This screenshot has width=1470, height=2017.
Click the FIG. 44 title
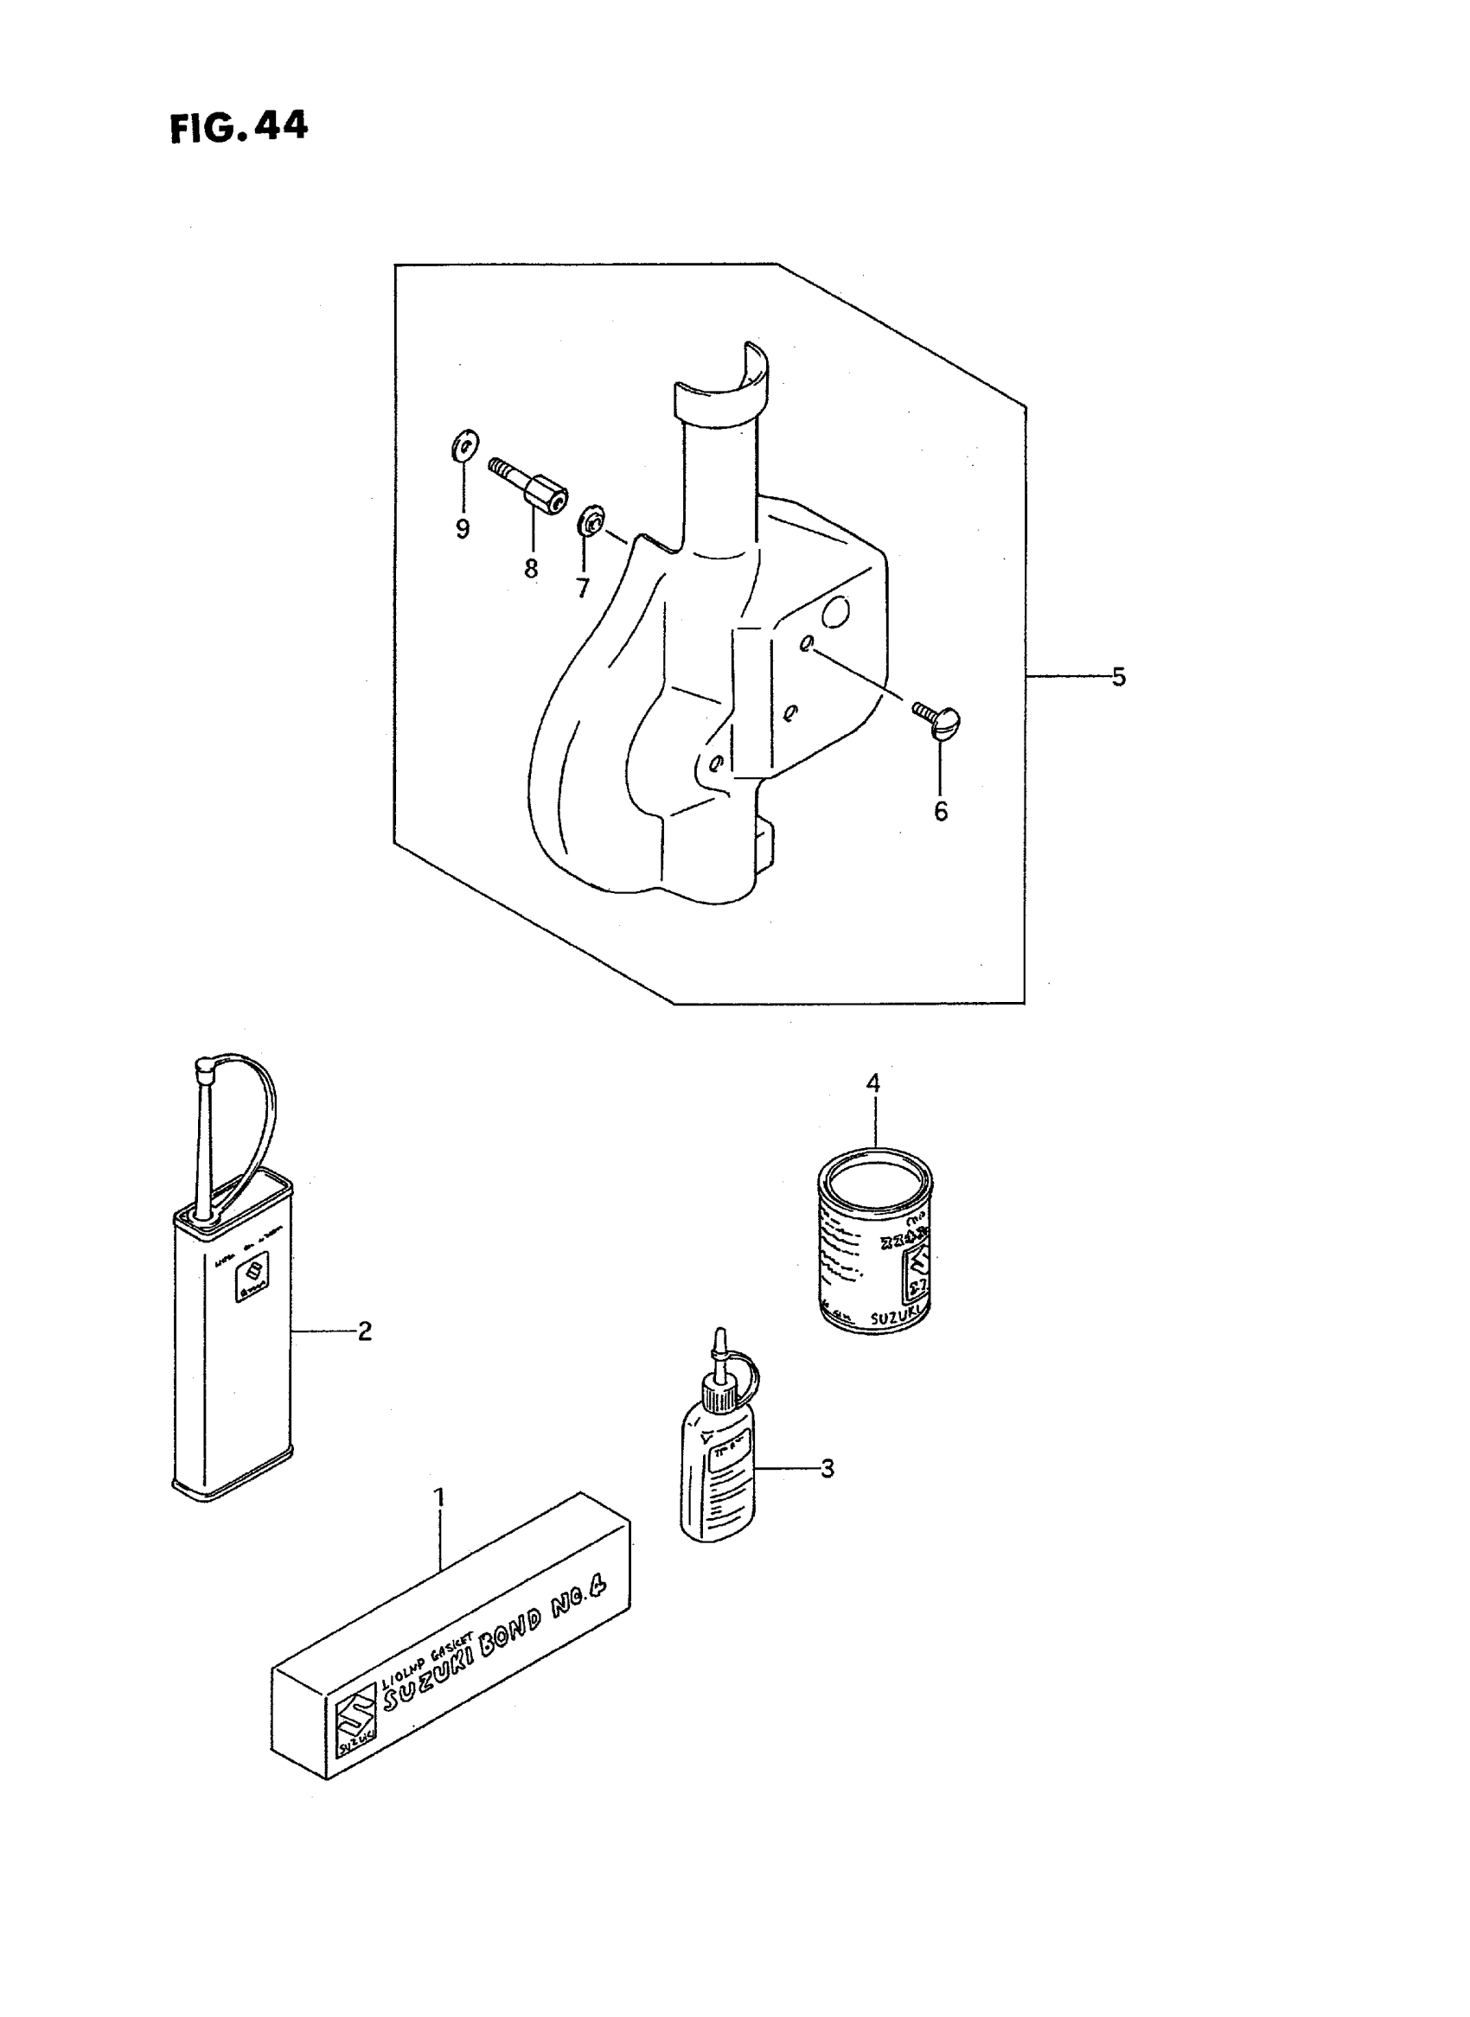point(239,127)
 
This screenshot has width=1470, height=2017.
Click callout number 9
point(463,529)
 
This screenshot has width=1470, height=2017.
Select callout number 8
point(531,569)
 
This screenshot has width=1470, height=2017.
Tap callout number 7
point(583,588)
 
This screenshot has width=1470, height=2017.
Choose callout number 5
point(1119,677)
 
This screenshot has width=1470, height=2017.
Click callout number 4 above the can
point(873,1083)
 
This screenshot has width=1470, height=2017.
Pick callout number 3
point(828,1469)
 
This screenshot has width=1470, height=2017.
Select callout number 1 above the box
point(438,1497)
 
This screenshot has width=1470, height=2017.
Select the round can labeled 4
point(875,1247)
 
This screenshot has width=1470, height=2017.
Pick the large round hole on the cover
point(836,611)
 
